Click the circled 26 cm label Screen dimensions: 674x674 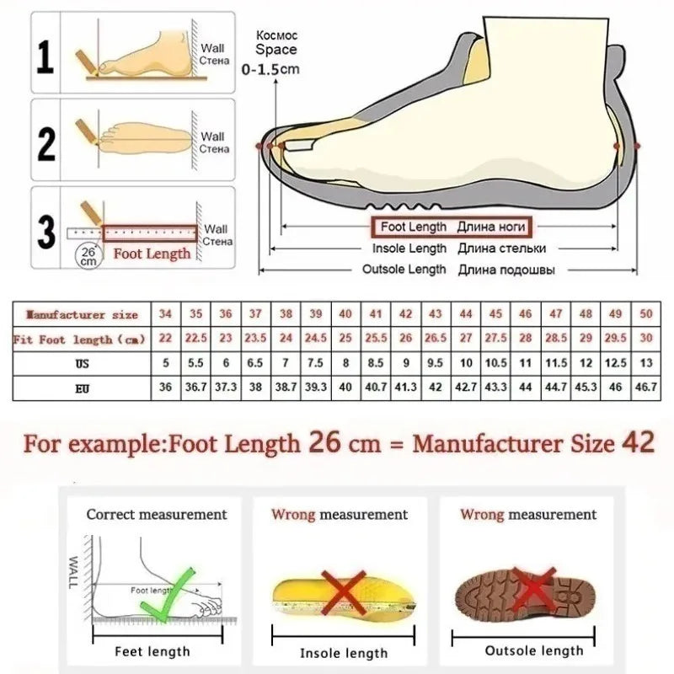click(88, 254)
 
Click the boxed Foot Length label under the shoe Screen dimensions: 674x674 click(450, 227)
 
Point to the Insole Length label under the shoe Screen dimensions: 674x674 click(409, 249)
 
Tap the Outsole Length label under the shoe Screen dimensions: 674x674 click(404, 270)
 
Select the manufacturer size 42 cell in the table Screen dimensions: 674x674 click(405, 314)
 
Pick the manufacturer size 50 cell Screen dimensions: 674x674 click(646, 314)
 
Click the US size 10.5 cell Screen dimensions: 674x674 click(495, 364)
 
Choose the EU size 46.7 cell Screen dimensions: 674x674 click(646, 388)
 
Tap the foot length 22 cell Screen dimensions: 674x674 click(166, 339)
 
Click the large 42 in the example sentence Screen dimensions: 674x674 click(638, 443)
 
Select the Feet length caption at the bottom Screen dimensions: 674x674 click(152, 651)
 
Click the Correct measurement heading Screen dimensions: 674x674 click(157, 514)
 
